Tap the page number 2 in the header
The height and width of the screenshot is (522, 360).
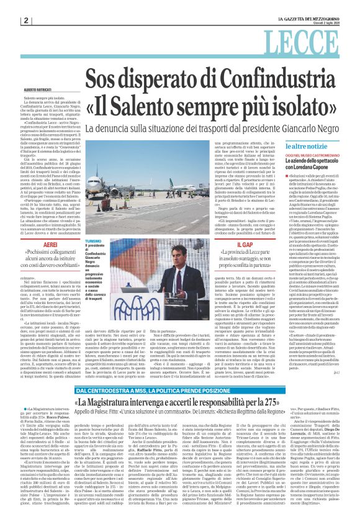pos(27,20)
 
